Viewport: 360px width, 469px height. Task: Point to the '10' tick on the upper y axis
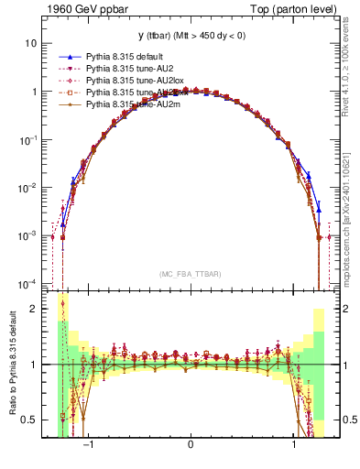pos(30,43)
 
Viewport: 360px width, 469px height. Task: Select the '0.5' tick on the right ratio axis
pos(349,420)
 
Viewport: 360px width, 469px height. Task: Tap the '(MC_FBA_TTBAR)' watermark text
pos(191,273)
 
